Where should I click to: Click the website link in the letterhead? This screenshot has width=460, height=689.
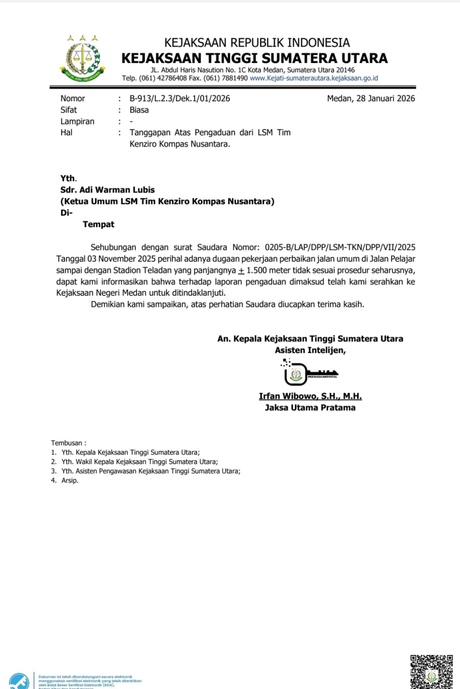314,78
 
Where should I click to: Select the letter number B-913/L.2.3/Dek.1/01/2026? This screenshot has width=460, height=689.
180,98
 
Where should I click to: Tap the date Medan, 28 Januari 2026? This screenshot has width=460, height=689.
371,98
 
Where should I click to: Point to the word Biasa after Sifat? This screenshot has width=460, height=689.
139,110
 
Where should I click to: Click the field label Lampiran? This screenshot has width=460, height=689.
77,121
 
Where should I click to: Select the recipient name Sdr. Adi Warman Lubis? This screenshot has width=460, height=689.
107,190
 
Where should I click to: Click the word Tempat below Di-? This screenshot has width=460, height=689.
98,224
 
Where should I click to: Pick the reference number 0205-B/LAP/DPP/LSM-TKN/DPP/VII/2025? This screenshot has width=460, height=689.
340,247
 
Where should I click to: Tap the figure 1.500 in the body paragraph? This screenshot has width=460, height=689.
256,271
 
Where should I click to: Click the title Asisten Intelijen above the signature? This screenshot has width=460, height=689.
310,350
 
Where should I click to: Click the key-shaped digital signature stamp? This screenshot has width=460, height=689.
309,374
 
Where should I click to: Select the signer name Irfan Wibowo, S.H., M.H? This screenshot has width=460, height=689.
310,396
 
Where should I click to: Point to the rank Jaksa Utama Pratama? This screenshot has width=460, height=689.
310,408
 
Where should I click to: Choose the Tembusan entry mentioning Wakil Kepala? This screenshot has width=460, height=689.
139,462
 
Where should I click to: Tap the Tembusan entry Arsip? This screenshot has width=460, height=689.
69,480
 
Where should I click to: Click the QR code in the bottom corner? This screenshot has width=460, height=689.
431,672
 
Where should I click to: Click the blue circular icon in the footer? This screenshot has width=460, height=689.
19,681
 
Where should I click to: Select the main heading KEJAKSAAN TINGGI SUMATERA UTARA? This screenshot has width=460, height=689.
254,58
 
